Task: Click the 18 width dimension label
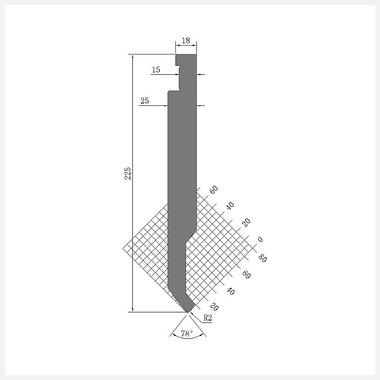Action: [186, 40]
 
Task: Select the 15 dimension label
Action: [156, 69]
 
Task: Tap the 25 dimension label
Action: [145, 100]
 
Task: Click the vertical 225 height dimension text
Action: [127, 173]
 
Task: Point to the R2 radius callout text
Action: [208, 317]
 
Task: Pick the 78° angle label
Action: [187, 333]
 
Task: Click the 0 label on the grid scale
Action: [260, 239]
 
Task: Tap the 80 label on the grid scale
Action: [263, 257]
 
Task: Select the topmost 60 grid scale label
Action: [213, 190]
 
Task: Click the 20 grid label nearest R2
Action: [214, 306]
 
